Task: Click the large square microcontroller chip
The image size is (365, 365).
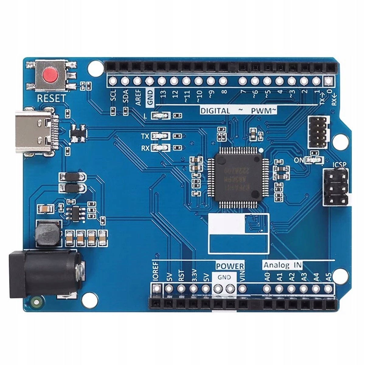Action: pyautogui.click(x=238, y=177)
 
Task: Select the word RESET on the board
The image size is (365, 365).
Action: pyautogui.click(x=51, y=99)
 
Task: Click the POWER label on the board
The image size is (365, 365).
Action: pyautogui.click(x=230, y=266)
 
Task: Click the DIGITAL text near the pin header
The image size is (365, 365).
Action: pyautogui.click(x=215, y=111)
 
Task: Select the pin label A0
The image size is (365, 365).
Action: pyautogui.click(x=267, y=277)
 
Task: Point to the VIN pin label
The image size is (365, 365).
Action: pyautogui.click(x=242, y=276)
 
